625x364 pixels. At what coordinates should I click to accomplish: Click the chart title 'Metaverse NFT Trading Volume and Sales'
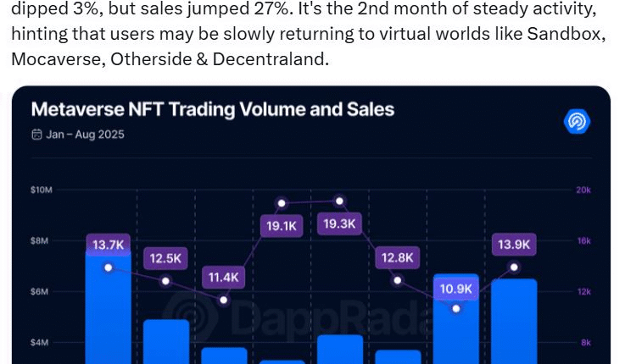[x=212, y=110]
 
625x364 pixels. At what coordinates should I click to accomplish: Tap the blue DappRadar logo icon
[x=577, y=121]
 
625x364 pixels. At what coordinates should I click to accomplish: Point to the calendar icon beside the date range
[x=36, y=134]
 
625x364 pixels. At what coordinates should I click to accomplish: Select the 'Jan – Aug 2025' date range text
[x=85, y=134]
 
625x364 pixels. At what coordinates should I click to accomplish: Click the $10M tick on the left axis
[x=42, y=190]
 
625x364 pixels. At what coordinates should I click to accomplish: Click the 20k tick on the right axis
[x=583, y=190]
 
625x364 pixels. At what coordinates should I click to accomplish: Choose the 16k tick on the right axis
[x=583, y=241]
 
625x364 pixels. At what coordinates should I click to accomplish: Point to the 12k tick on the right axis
[x=583, y=292]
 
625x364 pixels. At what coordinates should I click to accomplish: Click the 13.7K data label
[x=109, y=245]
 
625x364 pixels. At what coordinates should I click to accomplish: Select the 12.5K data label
[x=166, y=258]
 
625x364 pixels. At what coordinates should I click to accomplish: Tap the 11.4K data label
[x=224, y=278]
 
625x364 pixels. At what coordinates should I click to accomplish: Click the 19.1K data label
[x=282, y=226]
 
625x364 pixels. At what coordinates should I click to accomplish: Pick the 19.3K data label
[x=339, y=224]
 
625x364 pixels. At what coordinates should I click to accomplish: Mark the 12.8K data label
[x=397, y=258]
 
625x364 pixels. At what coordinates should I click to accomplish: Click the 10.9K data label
[x=456, y=289]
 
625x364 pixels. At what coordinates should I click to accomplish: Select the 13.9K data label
[x=514, y=245]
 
